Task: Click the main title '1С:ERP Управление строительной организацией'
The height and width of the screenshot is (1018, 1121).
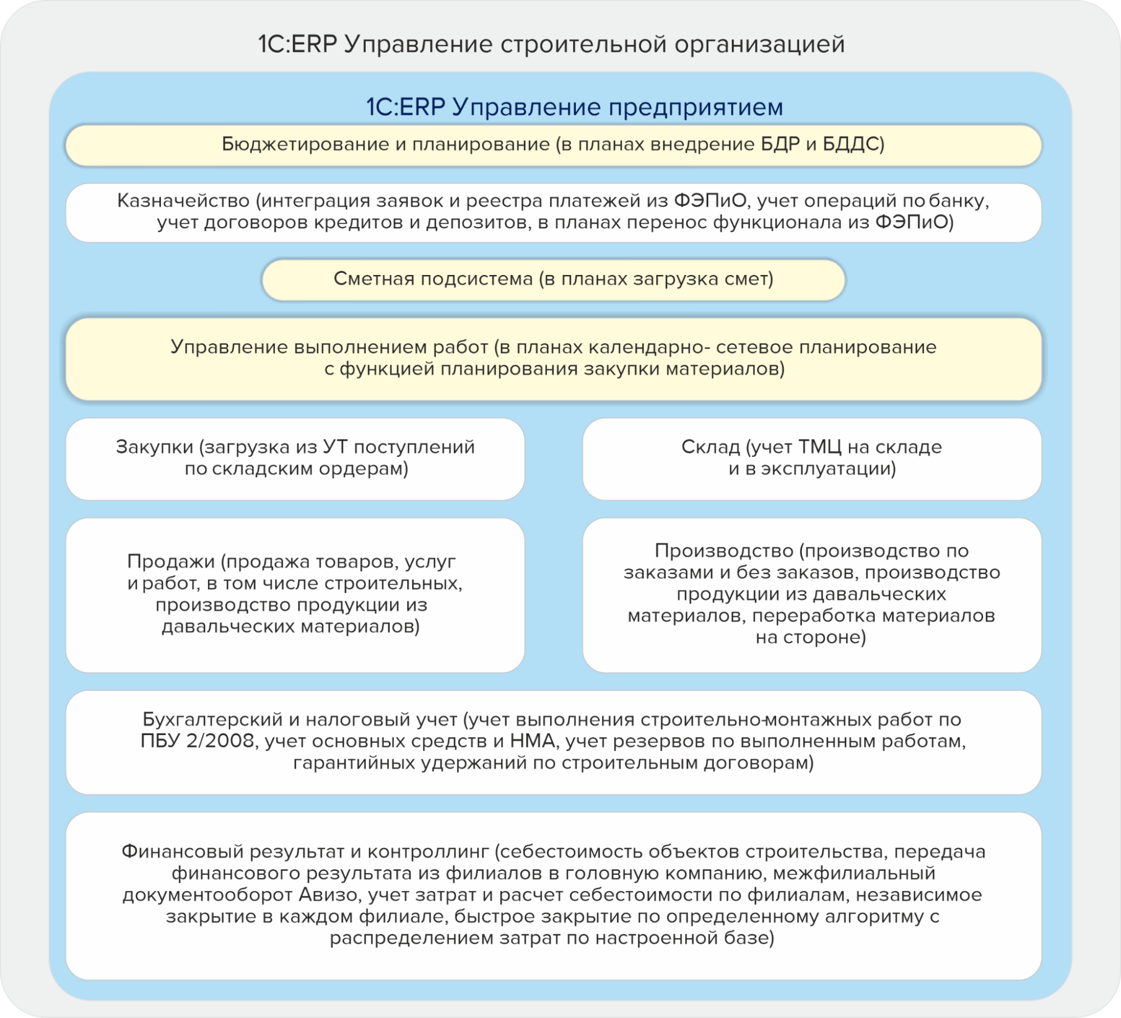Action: click(x=551, y=44)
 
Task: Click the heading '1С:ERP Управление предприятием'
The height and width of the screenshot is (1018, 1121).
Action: click(x=574, y=107)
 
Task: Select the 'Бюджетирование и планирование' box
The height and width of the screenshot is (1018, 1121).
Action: click(x=553, y=145)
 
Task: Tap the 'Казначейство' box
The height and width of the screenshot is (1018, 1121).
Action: click(x=553, y=212)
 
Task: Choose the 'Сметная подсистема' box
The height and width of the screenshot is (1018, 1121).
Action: click(x=553, y=279)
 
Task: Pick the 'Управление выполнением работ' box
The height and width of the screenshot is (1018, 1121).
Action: click(x=553, y=359)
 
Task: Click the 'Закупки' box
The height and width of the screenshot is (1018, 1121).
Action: click(x=295, y=458)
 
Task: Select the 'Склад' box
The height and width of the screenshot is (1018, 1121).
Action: click(x=811, y=458)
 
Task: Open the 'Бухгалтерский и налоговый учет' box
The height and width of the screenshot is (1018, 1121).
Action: click(x=553, y=741)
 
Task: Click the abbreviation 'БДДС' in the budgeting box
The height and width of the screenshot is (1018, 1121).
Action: click(x=851, y=145)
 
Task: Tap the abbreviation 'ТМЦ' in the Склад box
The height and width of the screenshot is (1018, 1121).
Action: click(x=820, y=447)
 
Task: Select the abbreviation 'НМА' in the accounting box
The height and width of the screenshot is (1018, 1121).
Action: click(x=533, y=741)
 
